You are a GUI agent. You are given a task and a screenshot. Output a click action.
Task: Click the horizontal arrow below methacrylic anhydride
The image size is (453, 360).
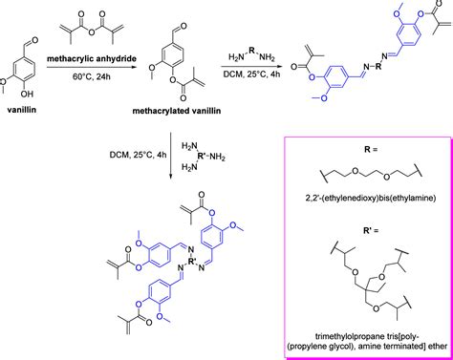102,60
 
